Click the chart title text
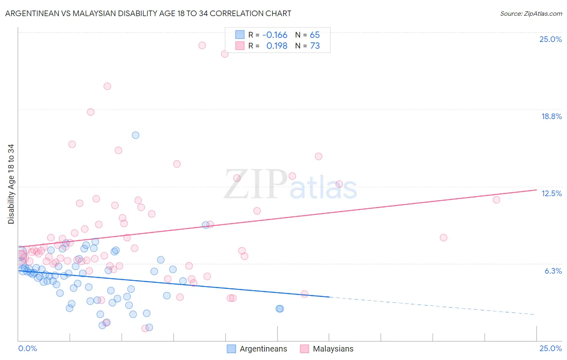[x=148, y=13]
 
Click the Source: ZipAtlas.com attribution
[x=531, y=13]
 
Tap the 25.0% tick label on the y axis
[x=550, y=39]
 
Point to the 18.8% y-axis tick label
[x=551, y=116]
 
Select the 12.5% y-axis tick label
[x=551, y=193]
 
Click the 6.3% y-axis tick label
[x=553, y=271]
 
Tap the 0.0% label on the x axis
[x=27, y=348]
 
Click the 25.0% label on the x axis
[x=550, y=348]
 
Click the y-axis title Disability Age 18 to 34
[x=11, y=184]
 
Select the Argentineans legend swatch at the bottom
[x=231, y=349]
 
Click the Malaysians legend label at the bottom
[x=333, y=349]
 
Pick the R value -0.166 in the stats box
[x=275, y=35]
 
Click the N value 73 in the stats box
[x=315, y=46]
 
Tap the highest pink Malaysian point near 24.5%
[x=202, y=45]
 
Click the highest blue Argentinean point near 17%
[x=135, y=135]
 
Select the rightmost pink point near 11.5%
[x=496, y=200]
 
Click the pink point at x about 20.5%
[x=443, y=238]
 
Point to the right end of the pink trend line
[x=536, y=190]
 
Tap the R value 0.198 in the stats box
[x=277, y=46]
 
